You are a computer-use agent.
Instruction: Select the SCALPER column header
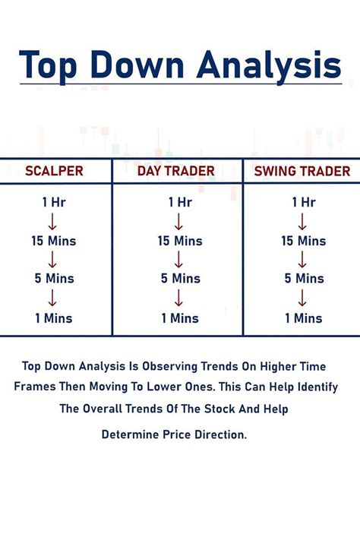click(54, 171)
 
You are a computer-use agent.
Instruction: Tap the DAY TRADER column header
click(176, 171)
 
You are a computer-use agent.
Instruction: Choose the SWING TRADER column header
click(302, 171)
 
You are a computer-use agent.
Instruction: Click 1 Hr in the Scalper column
click(54, 202)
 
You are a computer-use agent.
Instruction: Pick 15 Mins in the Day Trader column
click(178, 241)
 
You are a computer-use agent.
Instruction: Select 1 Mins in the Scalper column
click(54, 317)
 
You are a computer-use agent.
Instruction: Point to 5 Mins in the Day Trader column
click(178, 279)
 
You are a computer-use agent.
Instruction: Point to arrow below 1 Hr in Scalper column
click(54, 222)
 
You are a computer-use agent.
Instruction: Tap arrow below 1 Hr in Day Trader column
click(178, 222)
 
